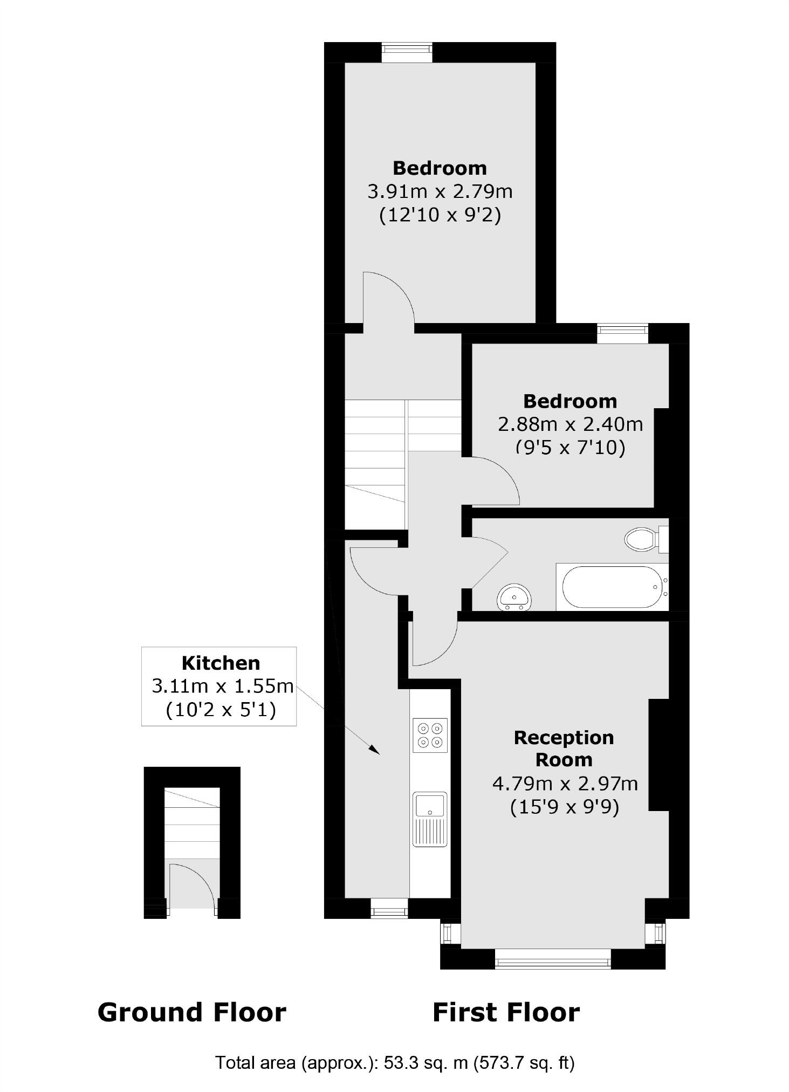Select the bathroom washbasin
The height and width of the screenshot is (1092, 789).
tap(514, 597)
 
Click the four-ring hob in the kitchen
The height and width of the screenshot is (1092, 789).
tap(430, 735)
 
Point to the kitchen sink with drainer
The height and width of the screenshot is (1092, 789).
tap(430, 819)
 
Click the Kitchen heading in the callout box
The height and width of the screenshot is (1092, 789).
tap(221, 663)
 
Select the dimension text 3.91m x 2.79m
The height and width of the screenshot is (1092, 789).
tap(440, 191)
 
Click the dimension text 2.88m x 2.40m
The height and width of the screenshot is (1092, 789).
tap(570, 424)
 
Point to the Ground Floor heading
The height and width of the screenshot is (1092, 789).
tap(191, 1012)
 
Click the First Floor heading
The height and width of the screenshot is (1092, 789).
tap(506, 1012)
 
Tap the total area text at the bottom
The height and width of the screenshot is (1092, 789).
tap(395, 1062)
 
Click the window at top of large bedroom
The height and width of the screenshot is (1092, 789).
tap(407, 53)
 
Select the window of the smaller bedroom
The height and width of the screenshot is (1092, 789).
tap(622, 333)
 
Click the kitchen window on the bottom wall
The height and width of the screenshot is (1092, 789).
tap(389, 911)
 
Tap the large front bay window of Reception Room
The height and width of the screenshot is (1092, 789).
tap(553, 959)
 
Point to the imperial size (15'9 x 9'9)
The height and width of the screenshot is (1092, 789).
tap(565, 807)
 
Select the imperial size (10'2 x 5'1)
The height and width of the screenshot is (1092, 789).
tap(221, 710)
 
